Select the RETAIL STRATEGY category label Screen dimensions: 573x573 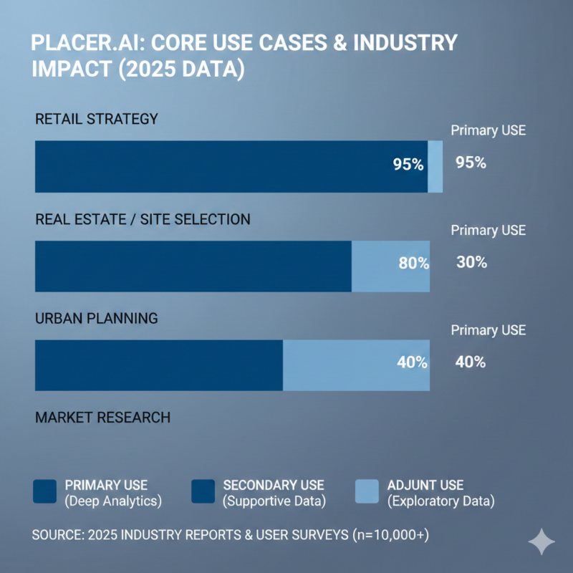[x=96, y=119]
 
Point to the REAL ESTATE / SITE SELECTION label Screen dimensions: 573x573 [x=143, y=219]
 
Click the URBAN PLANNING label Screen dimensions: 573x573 [x=96, y=318]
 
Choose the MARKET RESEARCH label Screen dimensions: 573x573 [x=102, y=417]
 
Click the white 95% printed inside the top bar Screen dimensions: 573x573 [x=408, y=165]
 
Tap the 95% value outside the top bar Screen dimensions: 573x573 [x=471, y=163]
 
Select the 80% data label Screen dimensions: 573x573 [x=413, y=264]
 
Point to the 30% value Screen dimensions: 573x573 [x=471, y=262]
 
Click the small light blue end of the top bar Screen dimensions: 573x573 [x=435, y=166]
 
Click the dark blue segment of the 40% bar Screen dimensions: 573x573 [x=158, y=365]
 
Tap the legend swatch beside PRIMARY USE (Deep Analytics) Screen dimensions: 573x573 [x=45, y=492]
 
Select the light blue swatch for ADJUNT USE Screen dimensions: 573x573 [x=367, y=492]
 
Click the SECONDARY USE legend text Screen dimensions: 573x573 [x=274, y=486]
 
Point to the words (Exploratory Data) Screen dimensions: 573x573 [x=440, y=501]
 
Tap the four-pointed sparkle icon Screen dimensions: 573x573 [x=541, y=542]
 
